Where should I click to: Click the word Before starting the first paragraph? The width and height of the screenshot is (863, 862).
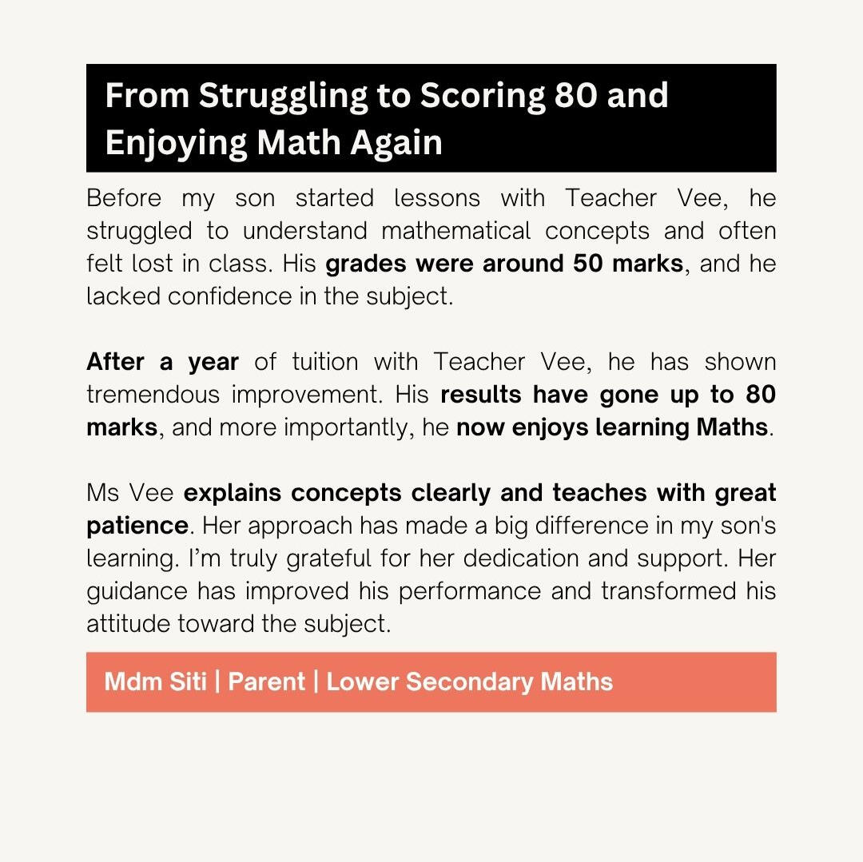pyautogui.click(x=123, y=198)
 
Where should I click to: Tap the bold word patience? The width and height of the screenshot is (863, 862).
pyautogui.click(x=137, y=526)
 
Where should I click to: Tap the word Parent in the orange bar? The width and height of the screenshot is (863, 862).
pyautogui.click(x=267, y=681)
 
